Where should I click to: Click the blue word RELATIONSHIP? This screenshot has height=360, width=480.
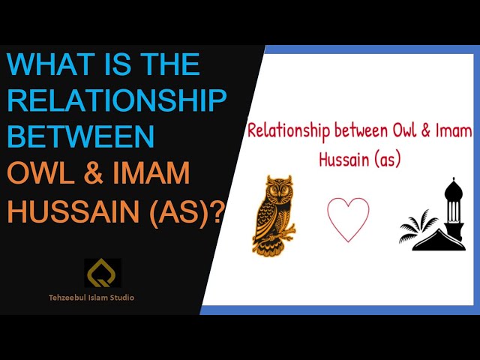117,100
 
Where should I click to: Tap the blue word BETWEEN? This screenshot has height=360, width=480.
80,136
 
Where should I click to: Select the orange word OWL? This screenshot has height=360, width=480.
40,172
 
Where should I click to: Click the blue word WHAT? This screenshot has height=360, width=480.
50,64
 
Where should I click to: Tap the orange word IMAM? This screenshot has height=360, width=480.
151,172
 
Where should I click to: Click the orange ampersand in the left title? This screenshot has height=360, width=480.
93,173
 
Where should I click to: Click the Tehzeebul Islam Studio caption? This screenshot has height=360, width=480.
91,297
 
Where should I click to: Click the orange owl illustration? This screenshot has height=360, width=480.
273,214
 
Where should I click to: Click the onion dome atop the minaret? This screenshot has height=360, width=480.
453,188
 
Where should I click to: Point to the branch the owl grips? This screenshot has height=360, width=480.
280,234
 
